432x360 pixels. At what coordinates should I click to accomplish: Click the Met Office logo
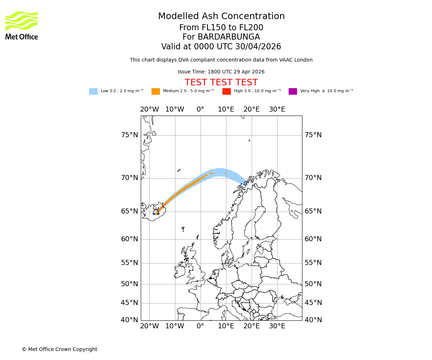22,25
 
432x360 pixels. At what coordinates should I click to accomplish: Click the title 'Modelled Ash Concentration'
221,17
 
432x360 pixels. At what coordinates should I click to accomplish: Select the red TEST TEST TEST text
221,82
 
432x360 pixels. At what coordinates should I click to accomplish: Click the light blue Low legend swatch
93,91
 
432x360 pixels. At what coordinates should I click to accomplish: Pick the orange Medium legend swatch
156,91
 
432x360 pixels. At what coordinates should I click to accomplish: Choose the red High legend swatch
226,91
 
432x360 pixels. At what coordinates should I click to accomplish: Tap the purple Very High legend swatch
293,91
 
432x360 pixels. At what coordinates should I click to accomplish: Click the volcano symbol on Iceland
156,212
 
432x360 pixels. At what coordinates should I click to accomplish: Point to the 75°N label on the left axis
129,135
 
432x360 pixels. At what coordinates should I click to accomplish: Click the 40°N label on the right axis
313,320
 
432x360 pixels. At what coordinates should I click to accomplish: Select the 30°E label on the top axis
277,109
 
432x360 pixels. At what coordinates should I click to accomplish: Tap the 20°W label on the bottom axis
149,326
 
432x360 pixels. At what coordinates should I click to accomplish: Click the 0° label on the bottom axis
200,326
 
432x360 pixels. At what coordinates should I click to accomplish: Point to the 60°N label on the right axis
313,239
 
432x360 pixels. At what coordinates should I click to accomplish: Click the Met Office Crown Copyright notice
59,349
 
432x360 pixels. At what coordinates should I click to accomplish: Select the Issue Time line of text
221,72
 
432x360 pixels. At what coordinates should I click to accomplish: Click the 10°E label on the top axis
226,109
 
